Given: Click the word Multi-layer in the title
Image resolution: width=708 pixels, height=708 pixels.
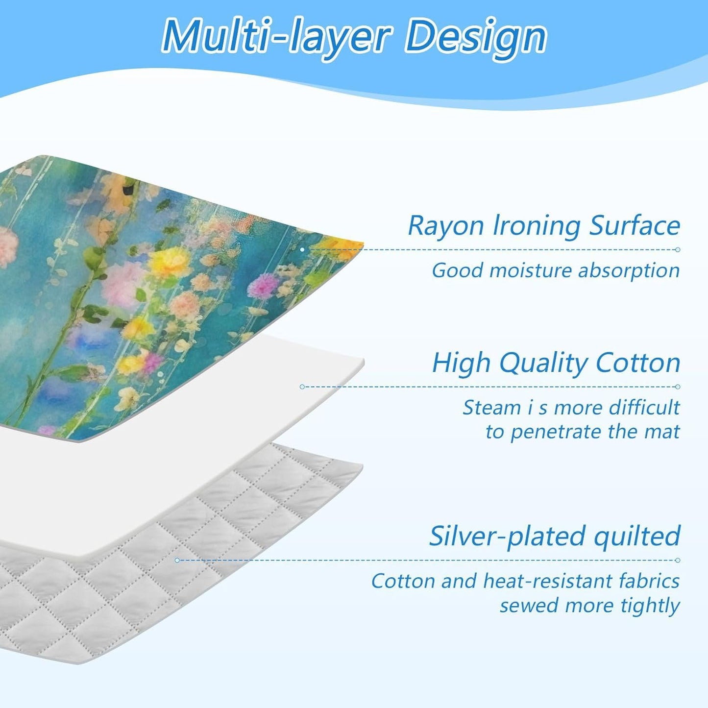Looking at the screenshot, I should pos(276,37).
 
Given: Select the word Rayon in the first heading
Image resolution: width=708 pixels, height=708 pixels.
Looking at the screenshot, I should pos(446,226).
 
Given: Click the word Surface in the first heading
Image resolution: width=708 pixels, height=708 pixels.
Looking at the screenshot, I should pos(635,226).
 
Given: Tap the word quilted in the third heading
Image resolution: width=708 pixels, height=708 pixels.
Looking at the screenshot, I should pos(637,537).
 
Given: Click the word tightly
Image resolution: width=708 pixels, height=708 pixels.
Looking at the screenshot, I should pos(650,606).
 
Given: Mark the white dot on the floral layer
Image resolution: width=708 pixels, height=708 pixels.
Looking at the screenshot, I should pos(302,250).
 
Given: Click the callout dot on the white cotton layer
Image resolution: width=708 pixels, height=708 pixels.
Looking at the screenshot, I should pos(302,387).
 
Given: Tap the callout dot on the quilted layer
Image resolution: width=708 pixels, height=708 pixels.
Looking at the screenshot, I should pos(177,560).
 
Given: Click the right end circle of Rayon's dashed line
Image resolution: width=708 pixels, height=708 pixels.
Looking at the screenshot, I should pos(678,250).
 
